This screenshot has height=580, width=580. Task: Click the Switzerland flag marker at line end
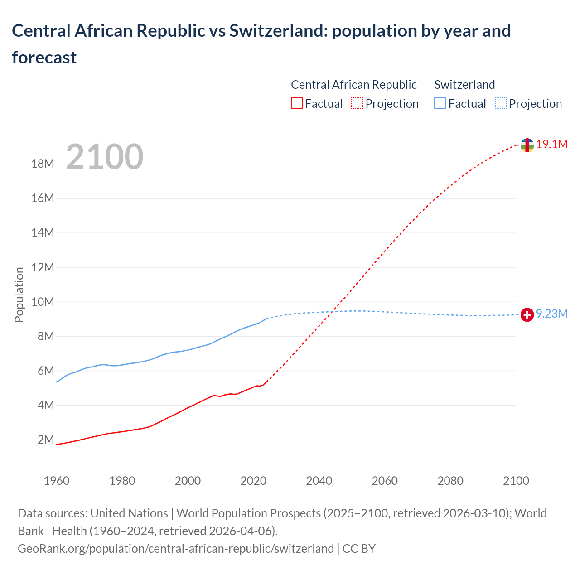(527, 314)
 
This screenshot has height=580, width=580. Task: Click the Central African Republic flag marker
(527, 145)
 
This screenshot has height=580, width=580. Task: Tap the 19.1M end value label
(552, 145)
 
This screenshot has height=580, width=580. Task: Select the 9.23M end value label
(552, 314)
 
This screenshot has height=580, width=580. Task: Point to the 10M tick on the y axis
(43, 302)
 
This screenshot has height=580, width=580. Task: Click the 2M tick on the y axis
(46, 440)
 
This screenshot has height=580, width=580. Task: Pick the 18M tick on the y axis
(43, 164)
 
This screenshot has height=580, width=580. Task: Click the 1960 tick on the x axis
(57, 481)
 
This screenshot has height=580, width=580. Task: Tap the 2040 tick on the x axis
(319, 481)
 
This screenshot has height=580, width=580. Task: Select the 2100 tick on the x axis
(516, 481)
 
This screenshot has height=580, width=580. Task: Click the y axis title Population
(19, 295)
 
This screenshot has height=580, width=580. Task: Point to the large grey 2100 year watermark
(105, 157)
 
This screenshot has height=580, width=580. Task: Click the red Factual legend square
(296, 104)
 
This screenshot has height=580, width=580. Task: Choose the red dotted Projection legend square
(357, 104)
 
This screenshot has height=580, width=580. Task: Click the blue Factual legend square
(440, 104)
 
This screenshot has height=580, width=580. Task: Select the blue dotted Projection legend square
(500, 104)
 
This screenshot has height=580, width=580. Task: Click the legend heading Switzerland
(464, 85)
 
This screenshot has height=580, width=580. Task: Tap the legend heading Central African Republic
(353, 85)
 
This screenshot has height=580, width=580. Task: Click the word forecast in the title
(44, 58)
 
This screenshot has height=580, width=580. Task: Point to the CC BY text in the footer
(359, 549)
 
